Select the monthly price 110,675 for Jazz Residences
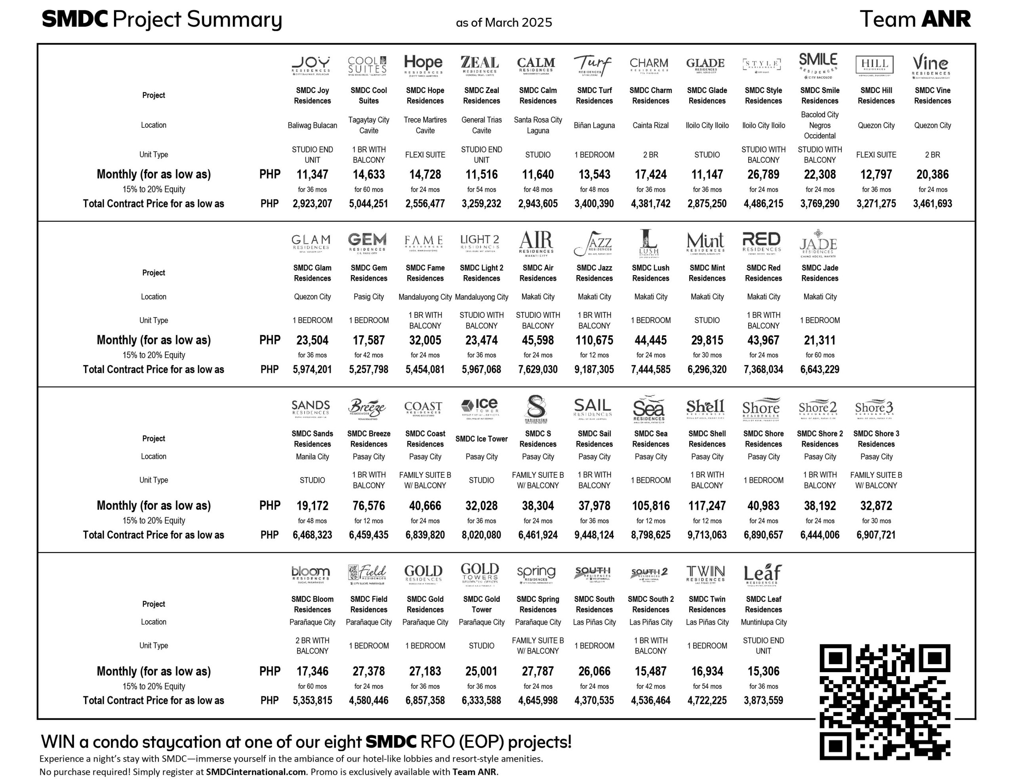pyautogui.click(x=594, y=340)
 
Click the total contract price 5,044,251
pyautogui.click(x=369, y=204)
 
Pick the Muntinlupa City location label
pyautogui.click(x=763, y=622)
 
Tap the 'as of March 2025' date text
pyautogui.click(x=504, y=22)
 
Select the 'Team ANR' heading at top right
pyautogui.click(x=915, y=19)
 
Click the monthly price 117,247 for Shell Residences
pyautogui.click(x=707, y=506)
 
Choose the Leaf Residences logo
pyautogui.click(x=762, y=574)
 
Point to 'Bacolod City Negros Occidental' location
pyautogui.click(x=820, y=125)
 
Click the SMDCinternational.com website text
pyautogui.click(x=256, y=772)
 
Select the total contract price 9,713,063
pyautogui.click(x=707, y=535)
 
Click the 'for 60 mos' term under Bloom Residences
pyautogui.click(x=312, y=686)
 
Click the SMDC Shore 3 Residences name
pyautogui.click(x=876, y=439)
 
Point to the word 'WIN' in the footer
pyautogui.click(x=59, y=742)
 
